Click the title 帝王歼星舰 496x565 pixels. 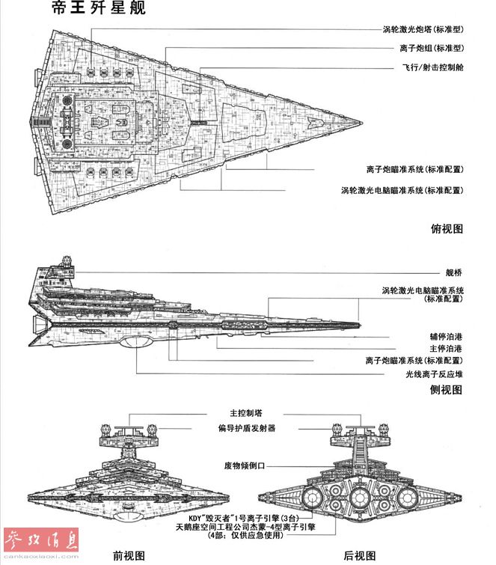(94, 9)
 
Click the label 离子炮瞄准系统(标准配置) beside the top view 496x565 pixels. (415, 169)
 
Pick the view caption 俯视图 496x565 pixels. (447, 228)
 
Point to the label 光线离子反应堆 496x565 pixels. (435, 373)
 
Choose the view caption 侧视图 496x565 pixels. (447, 390)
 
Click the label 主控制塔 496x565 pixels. (245, 413)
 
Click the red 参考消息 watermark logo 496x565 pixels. (40, 542)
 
